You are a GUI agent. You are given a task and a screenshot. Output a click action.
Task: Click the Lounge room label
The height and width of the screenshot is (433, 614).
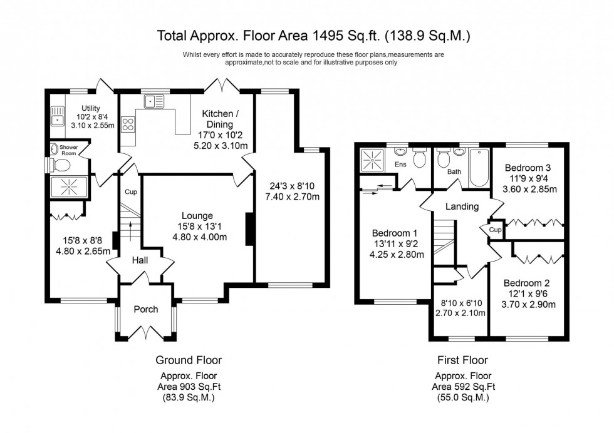pyautogui.click(x=197, y=215)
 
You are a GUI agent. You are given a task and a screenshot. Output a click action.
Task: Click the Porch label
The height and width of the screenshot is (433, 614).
pyautogui.click(x=146, y=309)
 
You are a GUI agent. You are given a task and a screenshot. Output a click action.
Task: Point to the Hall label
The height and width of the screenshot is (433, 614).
pyautogui.click(x=139, y=259)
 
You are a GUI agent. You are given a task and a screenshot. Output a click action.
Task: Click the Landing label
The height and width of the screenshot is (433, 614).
pyautogui.click(x=462, y=206)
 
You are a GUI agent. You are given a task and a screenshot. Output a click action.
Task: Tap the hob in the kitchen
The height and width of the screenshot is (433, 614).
pyautogui.click(x=128, y=124)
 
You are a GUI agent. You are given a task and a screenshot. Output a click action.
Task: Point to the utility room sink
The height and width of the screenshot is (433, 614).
pyautogui.click(x=58, y=116)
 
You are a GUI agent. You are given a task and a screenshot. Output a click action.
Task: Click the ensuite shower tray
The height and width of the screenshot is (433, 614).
pyautogui.click(x=374, y=160)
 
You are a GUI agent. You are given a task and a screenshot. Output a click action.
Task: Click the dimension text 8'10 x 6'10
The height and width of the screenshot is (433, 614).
pyautogui.click(x=461, y=303)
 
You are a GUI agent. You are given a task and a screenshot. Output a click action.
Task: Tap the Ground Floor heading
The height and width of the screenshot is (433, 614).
pyautogui.click(x=188, y=360)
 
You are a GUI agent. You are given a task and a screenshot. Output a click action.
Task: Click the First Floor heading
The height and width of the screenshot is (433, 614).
pyautogui.click(x=462, y=360)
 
